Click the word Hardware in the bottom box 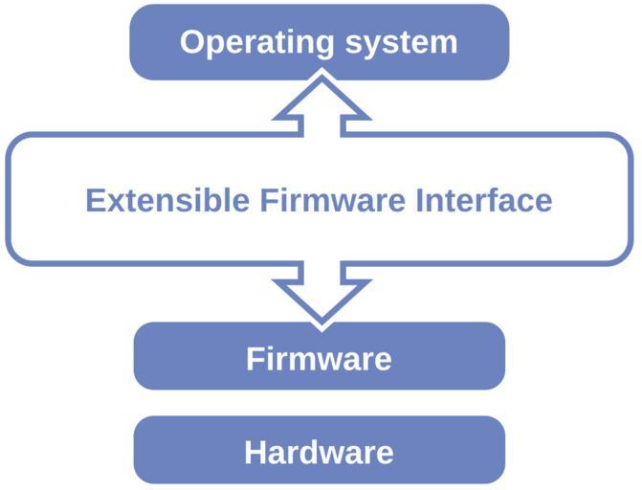coord(319,452)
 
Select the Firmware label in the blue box coord(319,359)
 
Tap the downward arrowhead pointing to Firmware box coord(319,301)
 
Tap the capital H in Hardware coord(256,452)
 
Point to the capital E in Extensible coord(94,201)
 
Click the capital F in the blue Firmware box coord(255,359)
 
